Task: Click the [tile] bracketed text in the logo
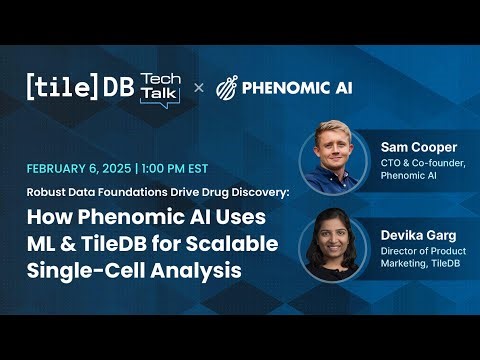(x=62, y=87)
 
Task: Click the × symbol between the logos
(x=198, y=87)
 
